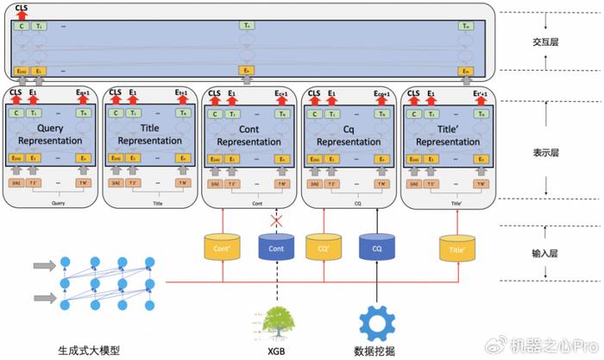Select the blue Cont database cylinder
pos(276,247)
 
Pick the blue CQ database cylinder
pos(377,247)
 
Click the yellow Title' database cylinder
pos(459,247)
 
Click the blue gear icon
pos(376,321)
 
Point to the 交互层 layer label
pos(547,41)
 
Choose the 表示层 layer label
pos(547,153)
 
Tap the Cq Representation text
pos(349,135)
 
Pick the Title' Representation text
pos(450,135)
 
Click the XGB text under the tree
pos(277,349)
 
